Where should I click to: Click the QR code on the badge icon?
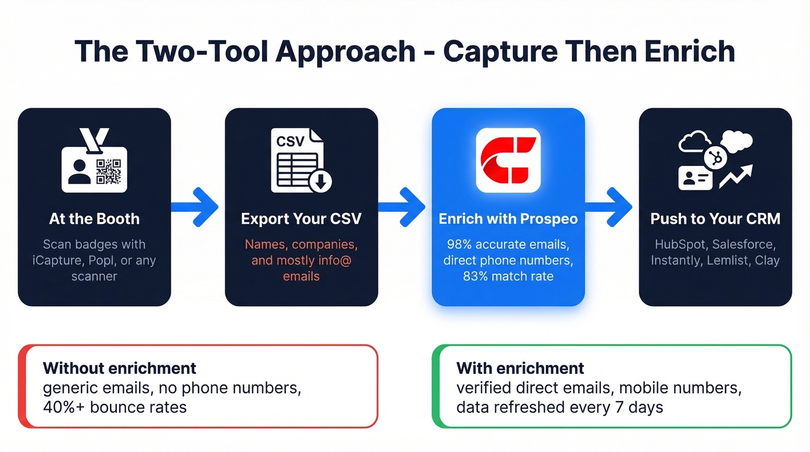point(108,171)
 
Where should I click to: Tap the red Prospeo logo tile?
point(508,160)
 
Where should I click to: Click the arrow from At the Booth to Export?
point(197,207)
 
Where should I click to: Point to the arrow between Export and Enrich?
point(404,207)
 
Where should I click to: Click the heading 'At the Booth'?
point(94,219)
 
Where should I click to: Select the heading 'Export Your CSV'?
point(301,219)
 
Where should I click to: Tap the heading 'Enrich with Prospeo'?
point(508,219)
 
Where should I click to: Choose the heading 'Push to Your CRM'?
point(715,219)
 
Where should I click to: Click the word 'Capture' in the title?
point(498,52)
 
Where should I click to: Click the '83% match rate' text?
point(508,276)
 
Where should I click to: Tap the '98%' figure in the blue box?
point(460,244)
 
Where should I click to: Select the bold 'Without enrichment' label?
point(119,368)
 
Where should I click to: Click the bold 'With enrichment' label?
point(520,368)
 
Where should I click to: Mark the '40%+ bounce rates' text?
point(115,407)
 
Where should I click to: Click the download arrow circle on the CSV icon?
point(320,182)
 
